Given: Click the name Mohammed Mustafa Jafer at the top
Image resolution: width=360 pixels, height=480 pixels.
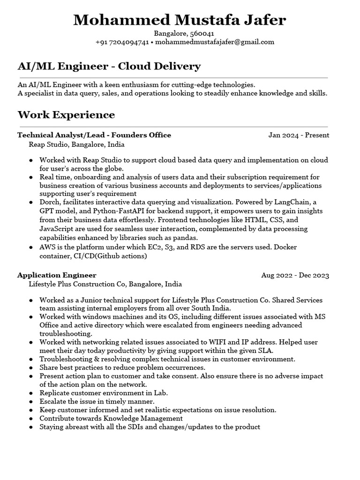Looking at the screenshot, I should (180, 20).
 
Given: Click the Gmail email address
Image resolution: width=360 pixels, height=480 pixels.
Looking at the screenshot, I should (214, 42).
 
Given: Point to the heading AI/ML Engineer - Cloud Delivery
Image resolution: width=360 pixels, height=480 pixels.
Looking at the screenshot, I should (109, 66).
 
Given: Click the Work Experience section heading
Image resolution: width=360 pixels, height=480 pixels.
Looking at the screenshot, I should (66, 115).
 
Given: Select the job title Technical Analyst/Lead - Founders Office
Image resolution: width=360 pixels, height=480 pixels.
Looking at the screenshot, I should (94, 135).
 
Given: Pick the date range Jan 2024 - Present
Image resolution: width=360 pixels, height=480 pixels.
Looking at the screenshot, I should (299, 135).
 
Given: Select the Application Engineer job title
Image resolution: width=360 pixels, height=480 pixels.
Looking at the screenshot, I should (57, 275).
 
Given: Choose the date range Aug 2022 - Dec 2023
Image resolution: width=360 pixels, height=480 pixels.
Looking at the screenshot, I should (295, 275).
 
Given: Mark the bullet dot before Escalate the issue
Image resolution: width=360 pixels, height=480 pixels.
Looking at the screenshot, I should (31, 402).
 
